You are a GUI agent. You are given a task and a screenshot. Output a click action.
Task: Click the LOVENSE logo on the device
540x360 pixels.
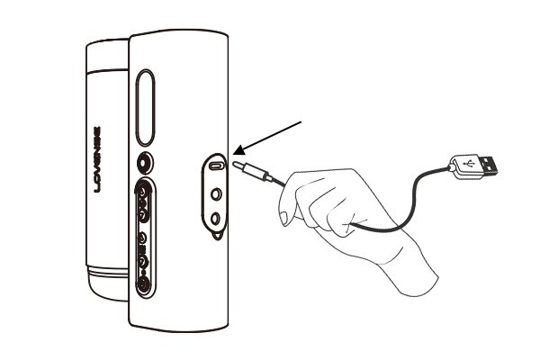97,159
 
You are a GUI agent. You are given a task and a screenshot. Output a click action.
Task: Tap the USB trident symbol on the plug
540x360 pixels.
468,163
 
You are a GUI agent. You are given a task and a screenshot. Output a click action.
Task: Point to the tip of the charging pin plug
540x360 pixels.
235,164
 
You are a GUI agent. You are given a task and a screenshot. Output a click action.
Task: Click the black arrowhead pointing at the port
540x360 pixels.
239,151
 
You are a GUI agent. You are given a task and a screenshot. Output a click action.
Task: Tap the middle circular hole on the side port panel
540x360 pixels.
216,194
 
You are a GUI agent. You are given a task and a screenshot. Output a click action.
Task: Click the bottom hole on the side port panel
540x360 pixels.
216,219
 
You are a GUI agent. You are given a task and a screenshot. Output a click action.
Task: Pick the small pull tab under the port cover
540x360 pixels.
217,235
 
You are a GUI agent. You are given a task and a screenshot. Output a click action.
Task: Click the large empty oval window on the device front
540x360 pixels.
145,107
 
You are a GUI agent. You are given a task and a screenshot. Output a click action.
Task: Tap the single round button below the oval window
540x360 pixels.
145,163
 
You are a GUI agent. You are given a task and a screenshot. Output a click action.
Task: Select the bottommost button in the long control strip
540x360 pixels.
143,285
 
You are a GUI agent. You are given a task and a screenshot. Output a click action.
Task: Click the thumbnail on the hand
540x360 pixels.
284,218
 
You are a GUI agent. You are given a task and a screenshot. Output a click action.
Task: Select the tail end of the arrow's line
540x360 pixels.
301,121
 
